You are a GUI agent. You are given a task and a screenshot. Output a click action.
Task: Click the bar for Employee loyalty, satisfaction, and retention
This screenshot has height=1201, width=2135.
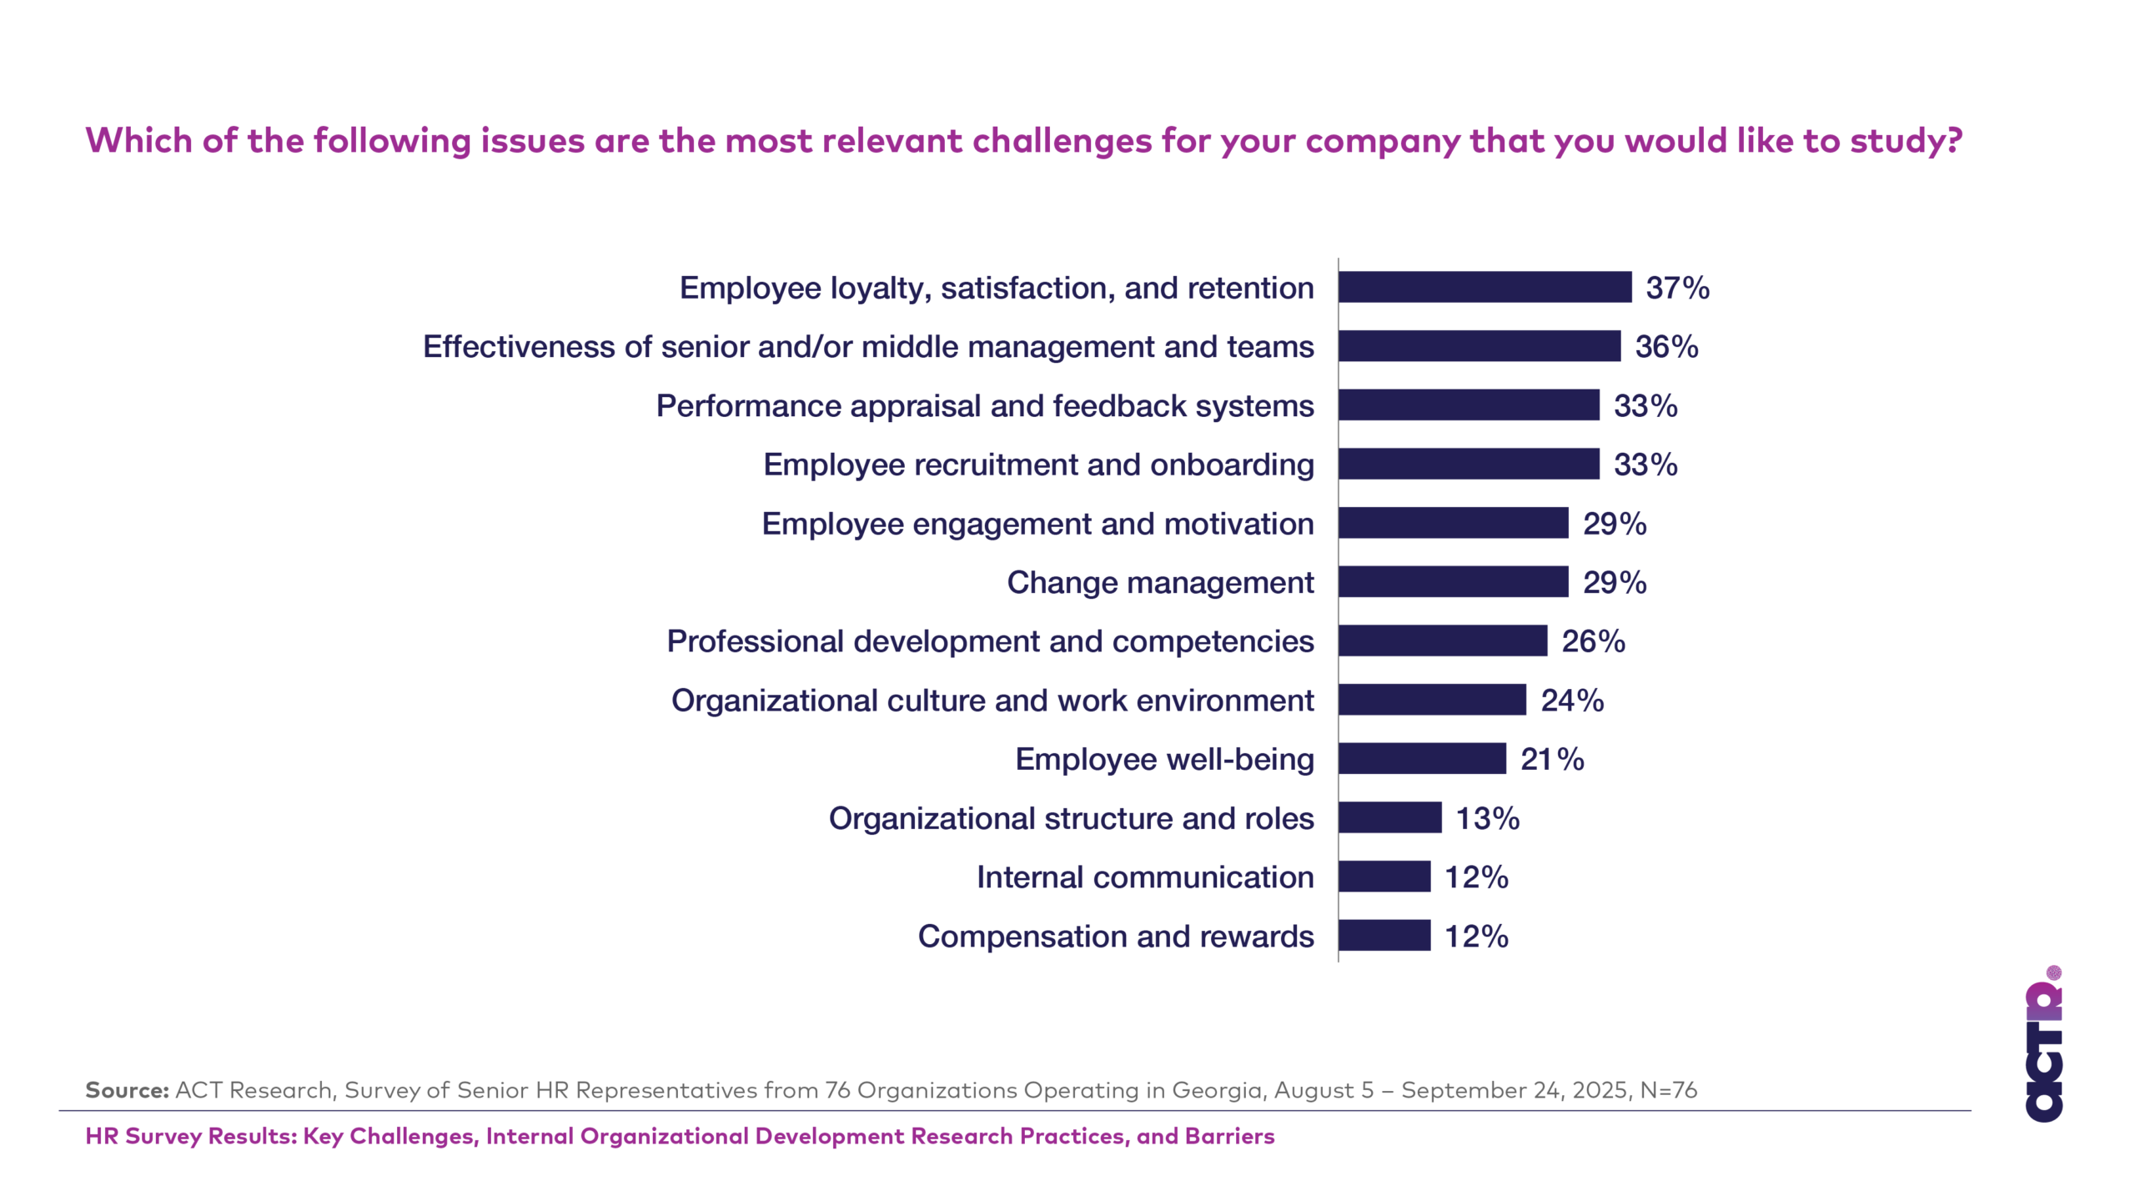[x=1484, y=287]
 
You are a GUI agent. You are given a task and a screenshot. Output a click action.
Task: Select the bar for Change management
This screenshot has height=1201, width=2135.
[x=1453, y=582]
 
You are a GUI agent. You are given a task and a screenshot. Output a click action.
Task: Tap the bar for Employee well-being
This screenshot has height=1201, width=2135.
[x=1422, y=759]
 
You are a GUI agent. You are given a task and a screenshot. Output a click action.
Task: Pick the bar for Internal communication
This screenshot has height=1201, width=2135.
[x=1384, y=877]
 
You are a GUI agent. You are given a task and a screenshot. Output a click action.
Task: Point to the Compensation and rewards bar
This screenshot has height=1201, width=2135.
[x=1384, y=936]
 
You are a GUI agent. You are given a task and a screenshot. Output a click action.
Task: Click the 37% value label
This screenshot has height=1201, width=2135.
[x=1677, y=288]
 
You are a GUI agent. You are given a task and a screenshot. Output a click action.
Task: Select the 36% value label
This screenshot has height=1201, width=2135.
[x=1666, y=347]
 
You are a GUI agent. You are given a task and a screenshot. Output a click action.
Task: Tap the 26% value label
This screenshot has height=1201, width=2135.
[x=1593, y=641]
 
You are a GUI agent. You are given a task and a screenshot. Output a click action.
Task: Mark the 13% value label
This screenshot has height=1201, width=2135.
[x=1487, y=818]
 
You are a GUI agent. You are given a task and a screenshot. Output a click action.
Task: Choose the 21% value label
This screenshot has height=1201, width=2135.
[x=1552, y=759]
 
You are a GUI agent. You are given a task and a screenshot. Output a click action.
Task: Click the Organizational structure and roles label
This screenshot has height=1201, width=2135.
[x=1071, y=818]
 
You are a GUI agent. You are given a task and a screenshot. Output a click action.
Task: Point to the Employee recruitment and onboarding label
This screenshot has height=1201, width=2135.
[x=1038, y=465]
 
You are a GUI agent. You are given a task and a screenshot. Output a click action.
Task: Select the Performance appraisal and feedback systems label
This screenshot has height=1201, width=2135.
[x=985, y=406]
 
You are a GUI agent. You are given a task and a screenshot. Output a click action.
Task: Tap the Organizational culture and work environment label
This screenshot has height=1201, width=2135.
[x=992, y=701]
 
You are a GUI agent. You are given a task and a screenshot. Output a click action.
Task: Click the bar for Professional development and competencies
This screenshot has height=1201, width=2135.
[x=1443, y=641]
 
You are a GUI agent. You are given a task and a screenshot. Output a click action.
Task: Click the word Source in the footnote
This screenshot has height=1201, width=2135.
[x=127, y=1090]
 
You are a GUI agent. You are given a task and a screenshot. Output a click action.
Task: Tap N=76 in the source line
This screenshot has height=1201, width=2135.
[x=1668, y=1090]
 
